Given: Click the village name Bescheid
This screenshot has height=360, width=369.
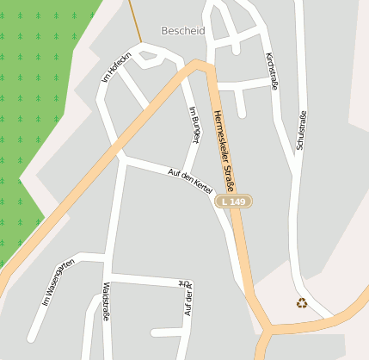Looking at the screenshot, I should pos(182,30).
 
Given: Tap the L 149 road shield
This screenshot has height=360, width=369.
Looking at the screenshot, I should pos(233,202).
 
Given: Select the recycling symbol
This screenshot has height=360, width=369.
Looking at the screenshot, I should pos(302,302).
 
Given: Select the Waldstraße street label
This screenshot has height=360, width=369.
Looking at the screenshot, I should pos(106,299).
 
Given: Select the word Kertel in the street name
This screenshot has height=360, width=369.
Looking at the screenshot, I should pos(203,186).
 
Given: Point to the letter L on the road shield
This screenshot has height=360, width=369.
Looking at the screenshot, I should pos(224,202).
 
